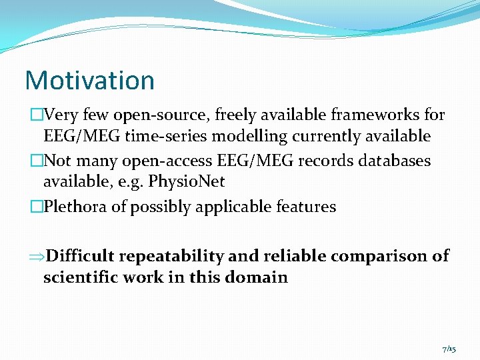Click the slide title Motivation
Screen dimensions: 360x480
click(89, 80)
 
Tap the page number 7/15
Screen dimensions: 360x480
click(449, 349)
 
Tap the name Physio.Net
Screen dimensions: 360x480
click(187, 182)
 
